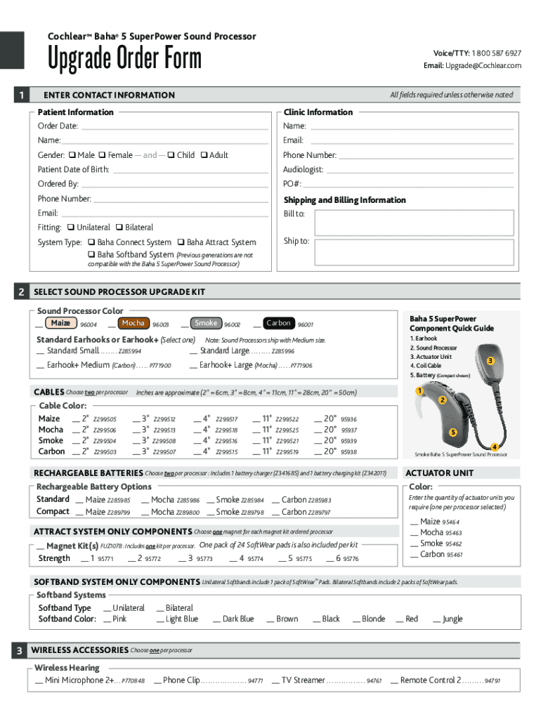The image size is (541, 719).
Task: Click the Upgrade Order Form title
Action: coord(124,59)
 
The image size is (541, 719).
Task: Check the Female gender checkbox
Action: coord(102,155)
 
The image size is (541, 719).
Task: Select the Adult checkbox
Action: coord(204,155)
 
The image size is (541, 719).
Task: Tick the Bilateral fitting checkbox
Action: coord(119,227)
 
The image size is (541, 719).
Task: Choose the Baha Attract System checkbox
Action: coord(181,242)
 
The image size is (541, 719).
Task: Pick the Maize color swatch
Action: coord(60,324)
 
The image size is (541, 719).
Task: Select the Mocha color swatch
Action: coord(133,324)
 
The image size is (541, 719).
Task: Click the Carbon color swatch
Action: coord(278,324)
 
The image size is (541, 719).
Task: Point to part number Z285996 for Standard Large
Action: coord(282,351)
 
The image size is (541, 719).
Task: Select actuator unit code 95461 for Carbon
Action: coord(454,555)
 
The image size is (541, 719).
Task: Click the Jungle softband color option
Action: coord(452,619)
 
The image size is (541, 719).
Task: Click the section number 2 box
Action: coord(23,291)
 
